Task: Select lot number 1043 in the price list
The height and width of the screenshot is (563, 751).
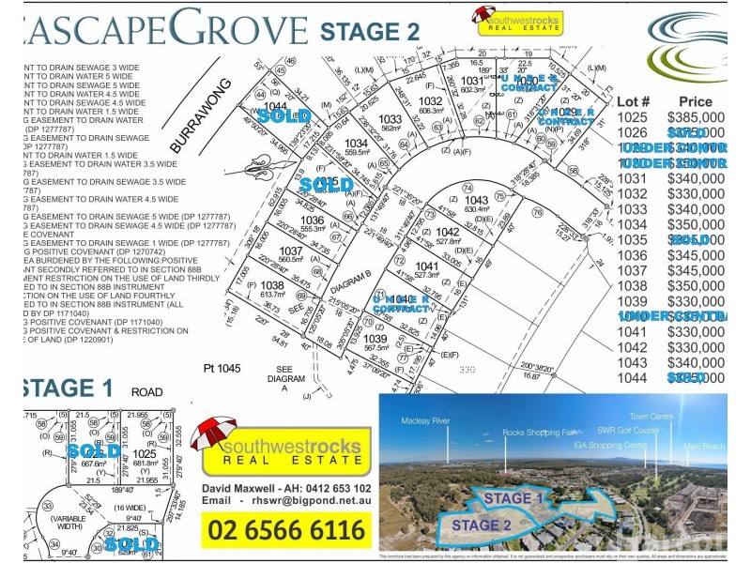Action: pos(634,362)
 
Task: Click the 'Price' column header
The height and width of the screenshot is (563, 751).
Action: pos(695,101)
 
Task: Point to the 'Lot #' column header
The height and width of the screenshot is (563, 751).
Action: pos(635,101)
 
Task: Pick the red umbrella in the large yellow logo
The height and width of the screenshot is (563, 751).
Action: pos(211,434)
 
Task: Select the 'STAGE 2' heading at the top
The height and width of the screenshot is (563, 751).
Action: pos(370,29)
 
